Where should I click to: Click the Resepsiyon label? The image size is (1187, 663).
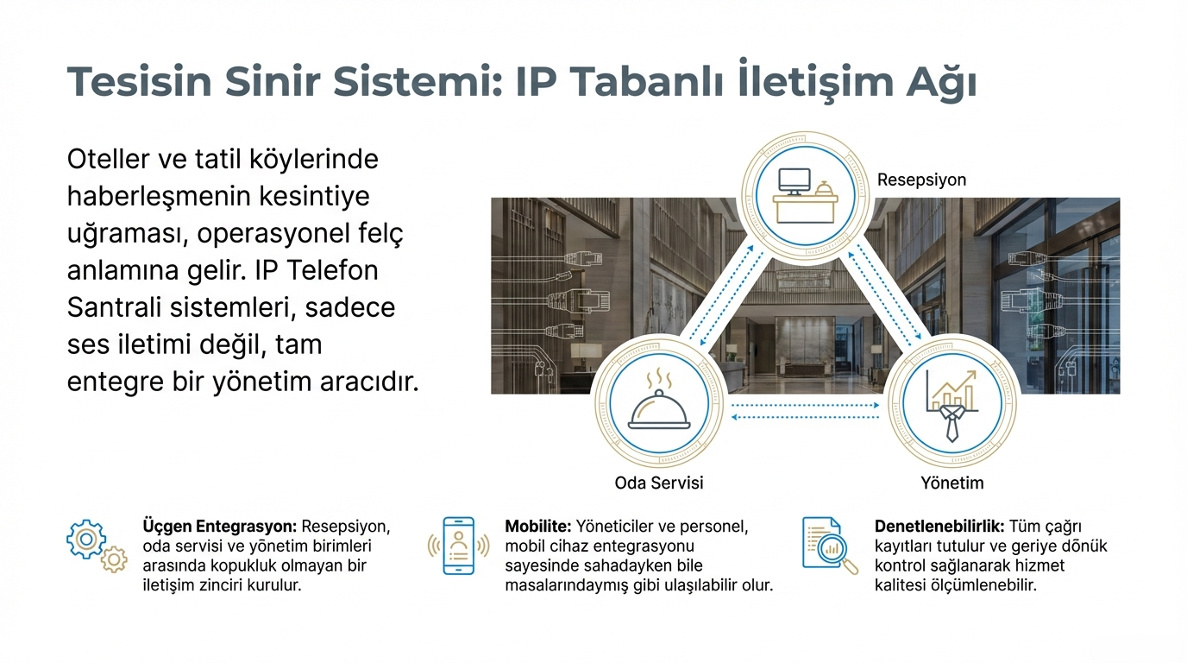921,180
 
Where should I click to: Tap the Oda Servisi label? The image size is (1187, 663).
659,483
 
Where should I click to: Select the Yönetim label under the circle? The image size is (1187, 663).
951,483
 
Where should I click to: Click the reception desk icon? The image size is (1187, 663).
806,196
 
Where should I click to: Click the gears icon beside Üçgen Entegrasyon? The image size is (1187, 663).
97,546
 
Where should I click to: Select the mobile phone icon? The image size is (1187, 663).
458,546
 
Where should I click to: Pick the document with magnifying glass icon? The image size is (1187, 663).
830,546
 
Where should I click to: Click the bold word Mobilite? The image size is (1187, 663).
538,526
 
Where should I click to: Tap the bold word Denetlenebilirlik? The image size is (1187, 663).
939,526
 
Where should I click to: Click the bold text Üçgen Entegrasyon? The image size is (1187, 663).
220,526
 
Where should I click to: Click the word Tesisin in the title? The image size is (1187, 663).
140,82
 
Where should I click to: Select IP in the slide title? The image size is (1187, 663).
536,82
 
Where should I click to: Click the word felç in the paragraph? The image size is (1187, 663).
381,233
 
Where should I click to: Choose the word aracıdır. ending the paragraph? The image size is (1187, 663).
369,382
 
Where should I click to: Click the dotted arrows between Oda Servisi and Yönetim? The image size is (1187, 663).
805,411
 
